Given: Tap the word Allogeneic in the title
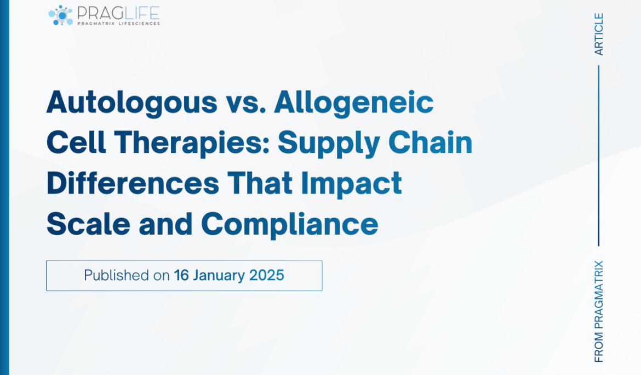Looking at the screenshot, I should tap(354, 102).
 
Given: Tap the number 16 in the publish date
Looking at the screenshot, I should tap(181, 275).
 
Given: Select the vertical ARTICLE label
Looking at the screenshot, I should tap(599, 34).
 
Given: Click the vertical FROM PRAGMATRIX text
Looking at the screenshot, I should tap(599, 311).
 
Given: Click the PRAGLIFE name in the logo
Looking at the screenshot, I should tap(118, 12).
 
